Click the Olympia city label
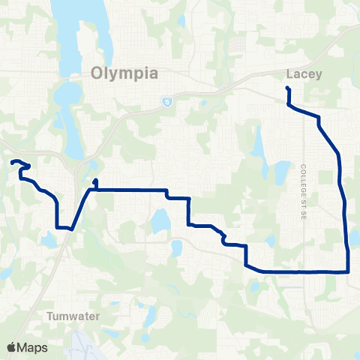point(124,73)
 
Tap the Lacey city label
point(304,74)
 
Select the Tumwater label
point(72,316)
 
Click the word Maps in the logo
point(34,347)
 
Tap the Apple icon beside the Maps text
point(12,346)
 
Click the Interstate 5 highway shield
point(166,101)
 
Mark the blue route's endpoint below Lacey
point(287,89)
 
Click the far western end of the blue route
point(12,162)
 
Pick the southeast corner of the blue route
point(349,271)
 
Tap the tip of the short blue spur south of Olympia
point(95,181)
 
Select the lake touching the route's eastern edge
point(354,238)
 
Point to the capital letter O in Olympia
point(97,73)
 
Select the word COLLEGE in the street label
point(304,178)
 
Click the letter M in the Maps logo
point(24,347)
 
